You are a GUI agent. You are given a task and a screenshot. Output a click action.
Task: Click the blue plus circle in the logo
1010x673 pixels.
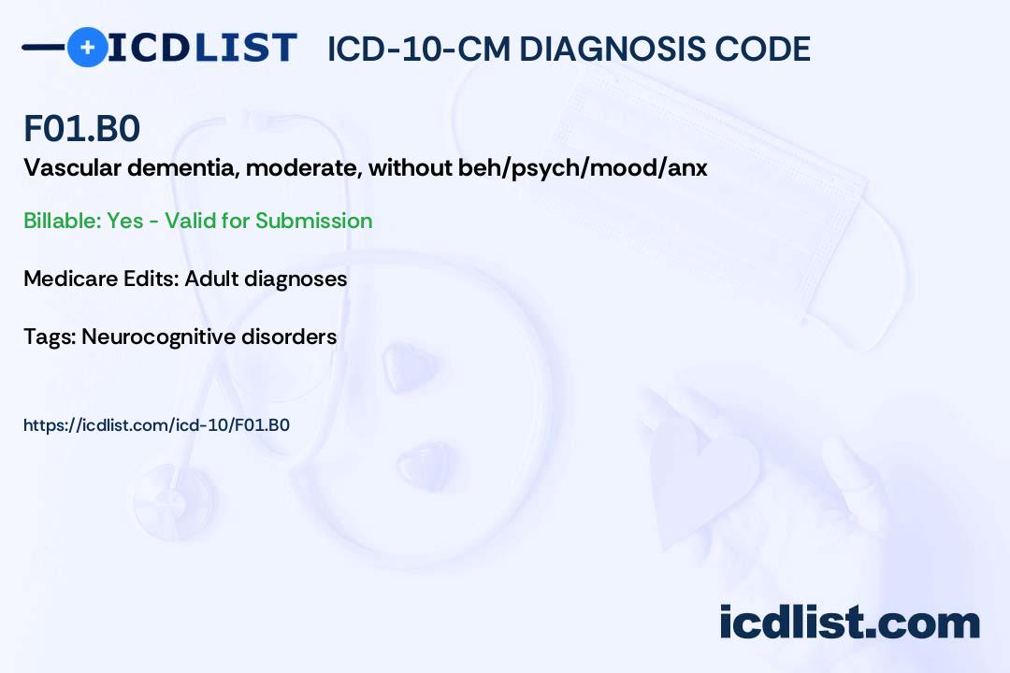pos(88,47)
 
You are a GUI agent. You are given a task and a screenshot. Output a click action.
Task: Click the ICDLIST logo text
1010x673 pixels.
pos(202,48)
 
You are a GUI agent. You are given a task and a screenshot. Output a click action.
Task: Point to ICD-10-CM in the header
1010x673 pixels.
pos(419,50)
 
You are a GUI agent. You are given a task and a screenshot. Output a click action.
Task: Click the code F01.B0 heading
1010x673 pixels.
pos(81,128)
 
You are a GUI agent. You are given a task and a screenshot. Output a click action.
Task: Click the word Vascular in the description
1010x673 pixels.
pos(72,168)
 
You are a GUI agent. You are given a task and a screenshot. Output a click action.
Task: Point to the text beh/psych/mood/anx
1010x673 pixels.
pos(583,169)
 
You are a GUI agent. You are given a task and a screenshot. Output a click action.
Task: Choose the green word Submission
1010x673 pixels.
pos(313,221)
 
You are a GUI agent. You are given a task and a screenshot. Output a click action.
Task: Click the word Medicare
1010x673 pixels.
pos(70,279)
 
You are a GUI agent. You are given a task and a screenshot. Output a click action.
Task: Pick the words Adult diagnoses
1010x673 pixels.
pos(266,279)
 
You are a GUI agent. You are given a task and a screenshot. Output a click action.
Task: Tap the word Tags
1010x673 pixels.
pos(50,337)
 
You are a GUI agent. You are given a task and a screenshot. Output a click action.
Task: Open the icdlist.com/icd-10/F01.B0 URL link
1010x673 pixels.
pos(156,425)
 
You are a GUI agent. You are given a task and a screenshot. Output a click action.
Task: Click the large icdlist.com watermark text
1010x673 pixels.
pos(849,623)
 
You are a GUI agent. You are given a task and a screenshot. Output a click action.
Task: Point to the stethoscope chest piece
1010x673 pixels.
pos(173,502)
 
